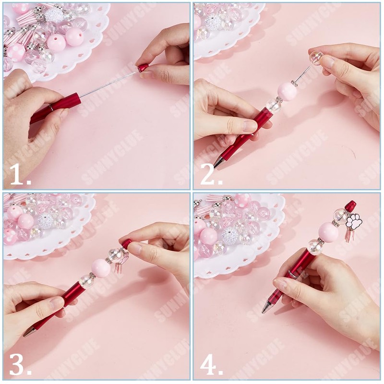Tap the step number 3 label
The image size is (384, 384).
20,366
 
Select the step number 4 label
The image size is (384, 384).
211,366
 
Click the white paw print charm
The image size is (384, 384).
354,222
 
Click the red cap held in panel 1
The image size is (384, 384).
143,68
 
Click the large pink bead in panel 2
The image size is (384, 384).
287,91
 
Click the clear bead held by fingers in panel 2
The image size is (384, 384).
316,58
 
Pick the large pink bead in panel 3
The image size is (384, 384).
101,268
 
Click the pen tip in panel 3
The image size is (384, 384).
28,332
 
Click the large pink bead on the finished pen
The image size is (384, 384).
329,232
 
